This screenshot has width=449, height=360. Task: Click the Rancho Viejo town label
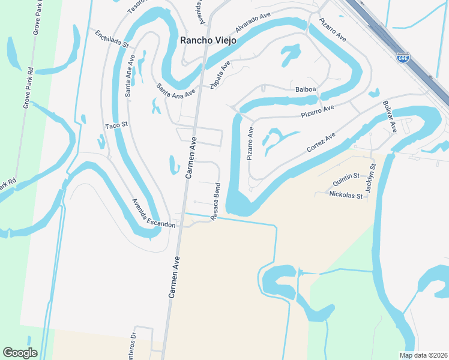coord(209,40)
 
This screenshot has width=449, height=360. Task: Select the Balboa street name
coord(306,89)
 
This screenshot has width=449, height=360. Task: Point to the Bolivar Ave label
coord(390,117)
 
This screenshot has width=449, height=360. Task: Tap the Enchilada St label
coord(112,39)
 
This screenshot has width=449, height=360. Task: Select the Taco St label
coord(117,125)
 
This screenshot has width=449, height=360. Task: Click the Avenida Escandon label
coord(154,214)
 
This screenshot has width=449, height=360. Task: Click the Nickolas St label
coord(346,195)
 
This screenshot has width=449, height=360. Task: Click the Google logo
coord(20,353)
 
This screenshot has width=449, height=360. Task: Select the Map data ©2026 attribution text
coord(423,355)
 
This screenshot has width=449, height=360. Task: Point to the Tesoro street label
coord(137,7)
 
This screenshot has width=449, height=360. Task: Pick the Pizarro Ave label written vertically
coord(250,143)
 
